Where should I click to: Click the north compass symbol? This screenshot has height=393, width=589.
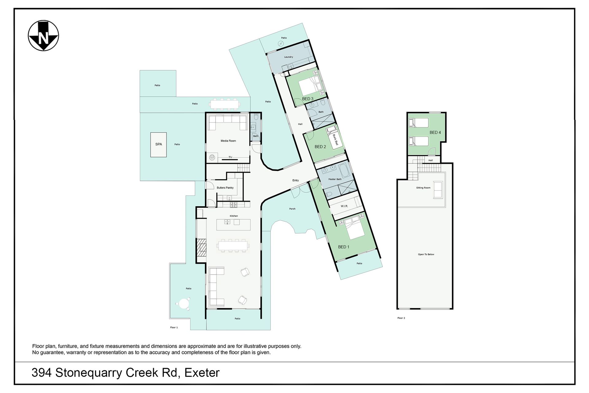pos(43,36)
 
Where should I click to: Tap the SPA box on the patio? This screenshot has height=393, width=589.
pos(158,145)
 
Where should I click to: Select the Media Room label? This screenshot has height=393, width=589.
pos(228,141)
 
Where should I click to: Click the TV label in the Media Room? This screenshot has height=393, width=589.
pos(230,157)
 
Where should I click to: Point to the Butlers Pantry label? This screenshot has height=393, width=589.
pos(225,188)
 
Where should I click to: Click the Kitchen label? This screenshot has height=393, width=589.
pos(234,216)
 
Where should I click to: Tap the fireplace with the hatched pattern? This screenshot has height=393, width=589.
pos(201,247)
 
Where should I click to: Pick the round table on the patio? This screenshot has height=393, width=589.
pos(183,304)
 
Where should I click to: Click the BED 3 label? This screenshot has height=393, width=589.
pos(308,99)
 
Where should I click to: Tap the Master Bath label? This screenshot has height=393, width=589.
pos(335,179)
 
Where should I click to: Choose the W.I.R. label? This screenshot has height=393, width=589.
pos(344,206)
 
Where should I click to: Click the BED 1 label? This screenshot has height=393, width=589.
pos(344,247)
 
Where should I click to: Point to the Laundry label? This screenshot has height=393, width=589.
pos(288,57)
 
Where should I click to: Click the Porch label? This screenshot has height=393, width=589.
pos(292,209)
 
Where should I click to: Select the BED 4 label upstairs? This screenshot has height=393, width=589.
pos(435,133)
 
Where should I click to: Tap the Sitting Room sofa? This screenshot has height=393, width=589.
pos(438,190)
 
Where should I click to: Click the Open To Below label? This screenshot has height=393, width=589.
pos(426,254)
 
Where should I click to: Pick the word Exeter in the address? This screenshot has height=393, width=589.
pos(202,373)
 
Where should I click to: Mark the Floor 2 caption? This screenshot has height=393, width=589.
pos(401,318)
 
